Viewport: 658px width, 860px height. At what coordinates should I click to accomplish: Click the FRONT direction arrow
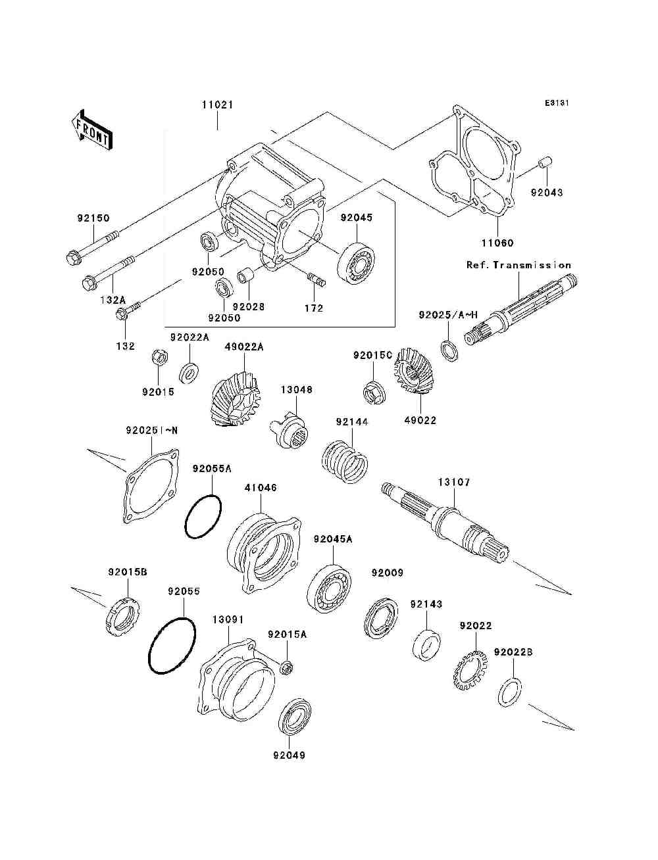91,130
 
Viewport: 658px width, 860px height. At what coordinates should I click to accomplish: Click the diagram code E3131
557,103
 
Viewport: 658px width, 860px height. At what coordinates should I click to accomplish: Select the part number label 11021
217,105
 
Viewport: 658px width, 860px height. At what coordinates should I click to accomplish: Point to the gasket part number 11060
497,243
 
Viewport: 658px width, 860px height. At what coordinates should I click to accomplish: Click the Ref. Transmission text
519,265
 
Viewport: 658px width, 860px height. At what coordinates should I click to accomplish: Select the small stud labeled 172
316,279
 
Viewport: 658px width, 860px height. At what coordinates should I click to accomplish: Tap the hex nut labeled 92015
160,356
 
